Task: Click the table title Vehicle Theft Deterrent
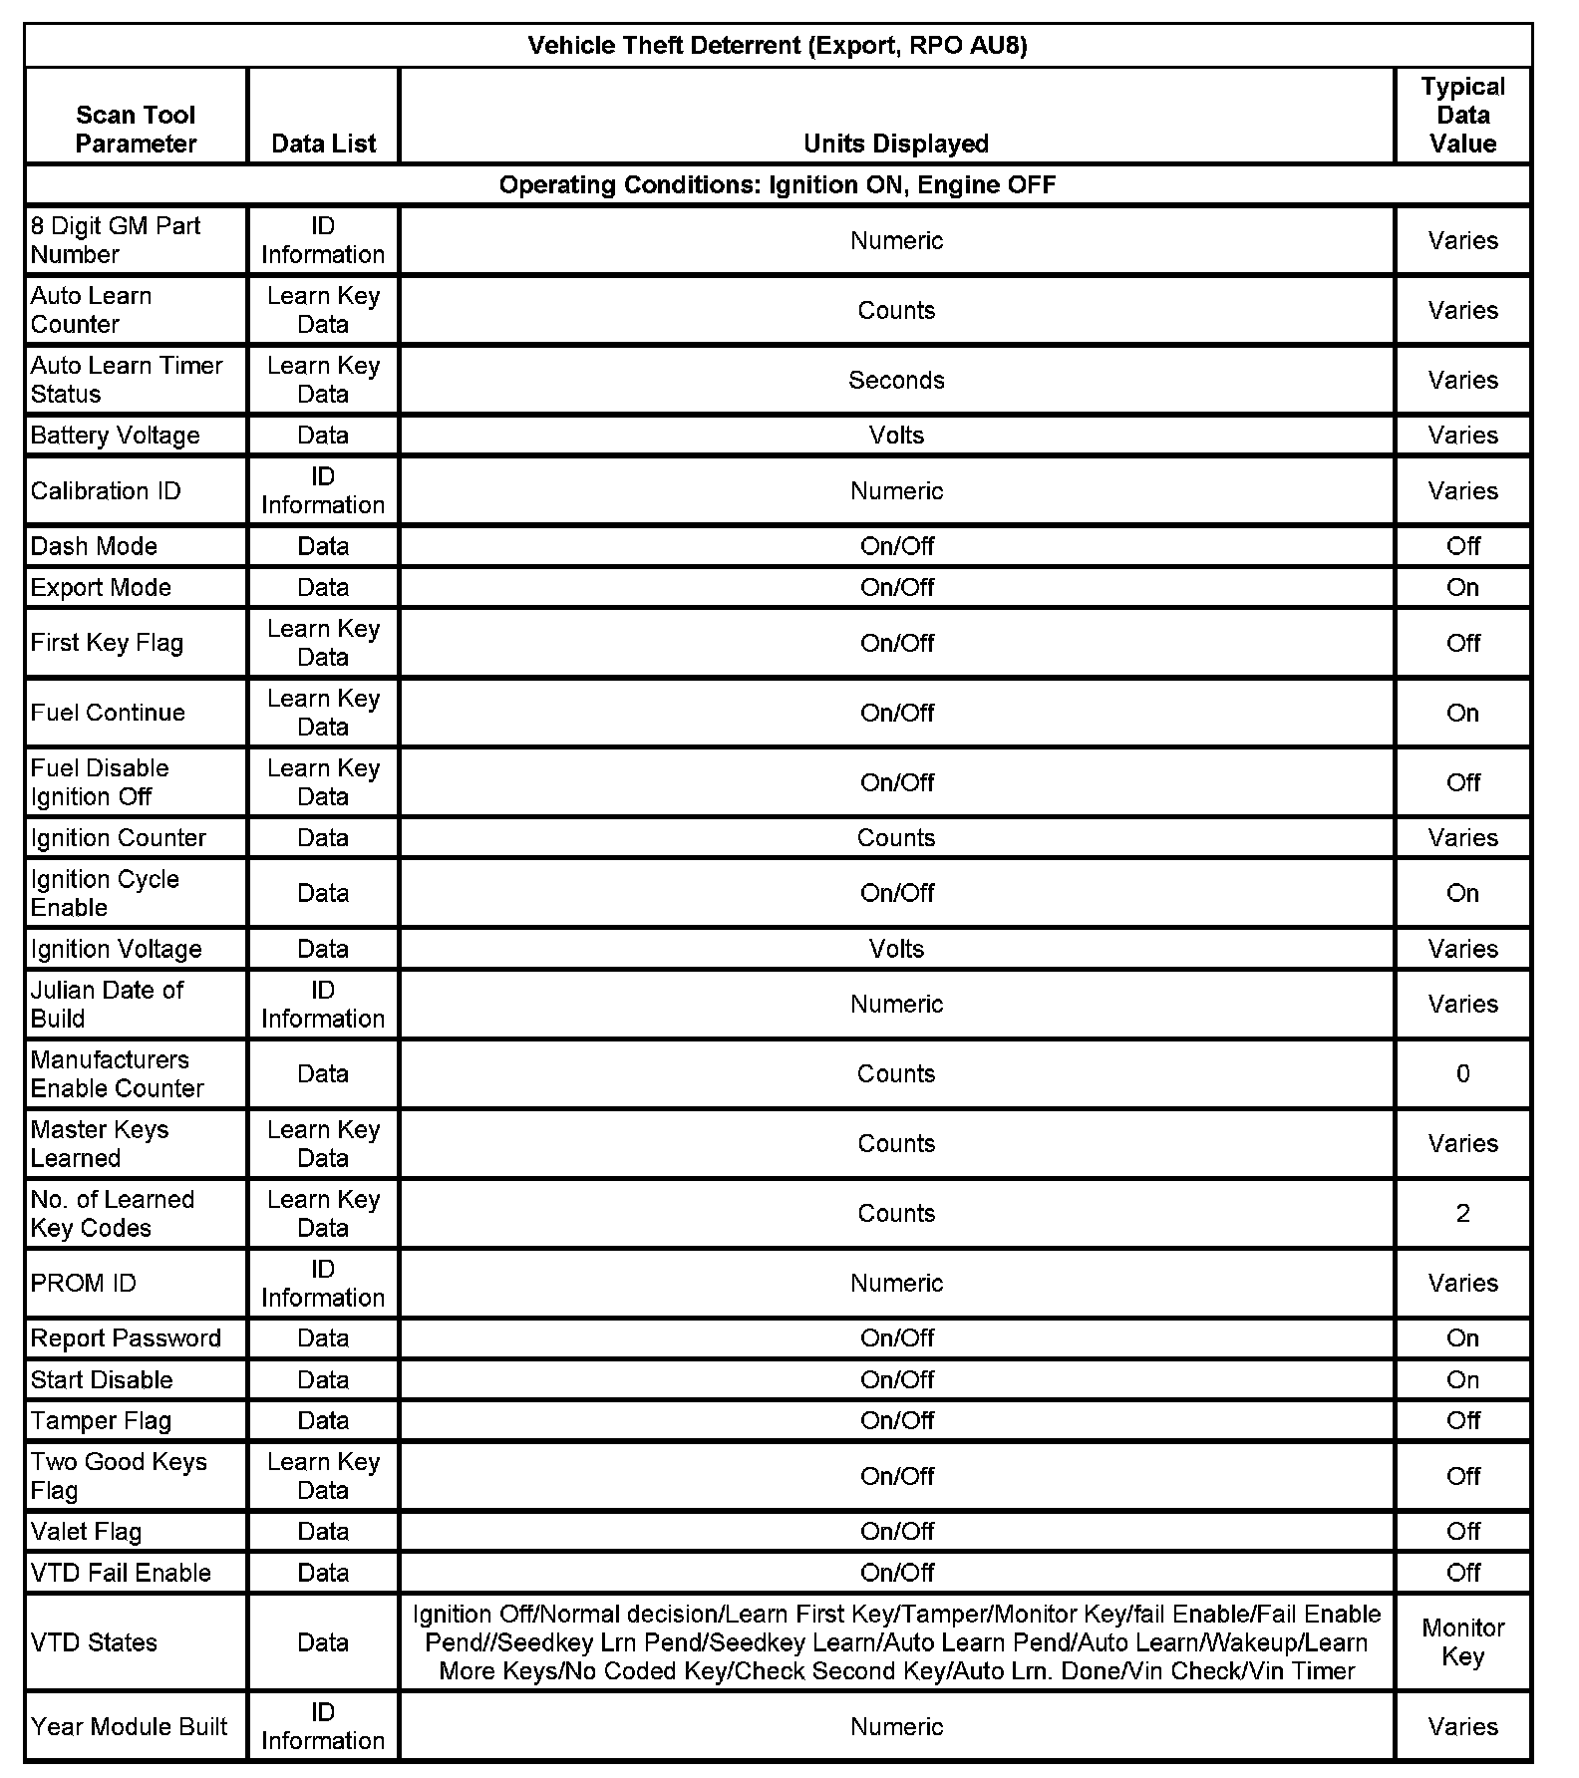pyautogui.click(x=777, y=46)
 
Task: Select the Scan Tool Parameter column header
pyautogui.click(x=136, y=130)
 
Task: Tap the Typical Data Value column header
pyautogui.click(x=1462, y=116)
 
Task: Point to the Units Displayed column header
pyautogui.click(x=895, y=144)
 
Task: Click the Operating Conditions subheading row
pyautogui.click(x=777, y=185)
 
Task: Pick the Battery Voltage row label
pyautogui.click(x=115, y=436)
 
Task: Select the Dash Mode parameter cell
pyautogui.click(x=94, y=546)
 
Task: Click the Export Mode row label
pyautogui.click(x=101, y=588)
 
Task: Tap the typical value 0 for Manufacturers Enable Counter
pyautogui.click(x=1462, y=1074)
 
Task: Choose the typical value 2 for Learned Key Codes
pyautogui.click(x=1462, y=1214)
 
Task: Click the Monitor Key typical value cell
pyautogui.click(x=1462, y=1642)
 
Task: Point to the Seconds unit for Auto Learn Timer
pyautogui.click(x=896, y=381)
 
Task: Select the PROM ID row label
pyautogui.click(x=83, y=1284)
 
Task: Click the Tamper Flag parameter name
pyautogui.click(x=101, y=1421)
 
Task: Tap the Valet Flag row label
pyautogui.click(x=86, y=1532)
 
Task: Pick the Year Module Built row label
pyautogui.click(x=129, y=1727)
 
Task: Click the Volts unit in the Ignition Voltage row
pyautogui.click(x=896, y=949)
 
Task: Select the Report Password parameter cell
pyautogui.click(x=126, y=1338)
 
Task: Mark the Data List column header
pyautogui.click(x=323, y=144)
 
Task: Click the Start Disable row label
pyautogui.click(x=102, y=1380)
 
